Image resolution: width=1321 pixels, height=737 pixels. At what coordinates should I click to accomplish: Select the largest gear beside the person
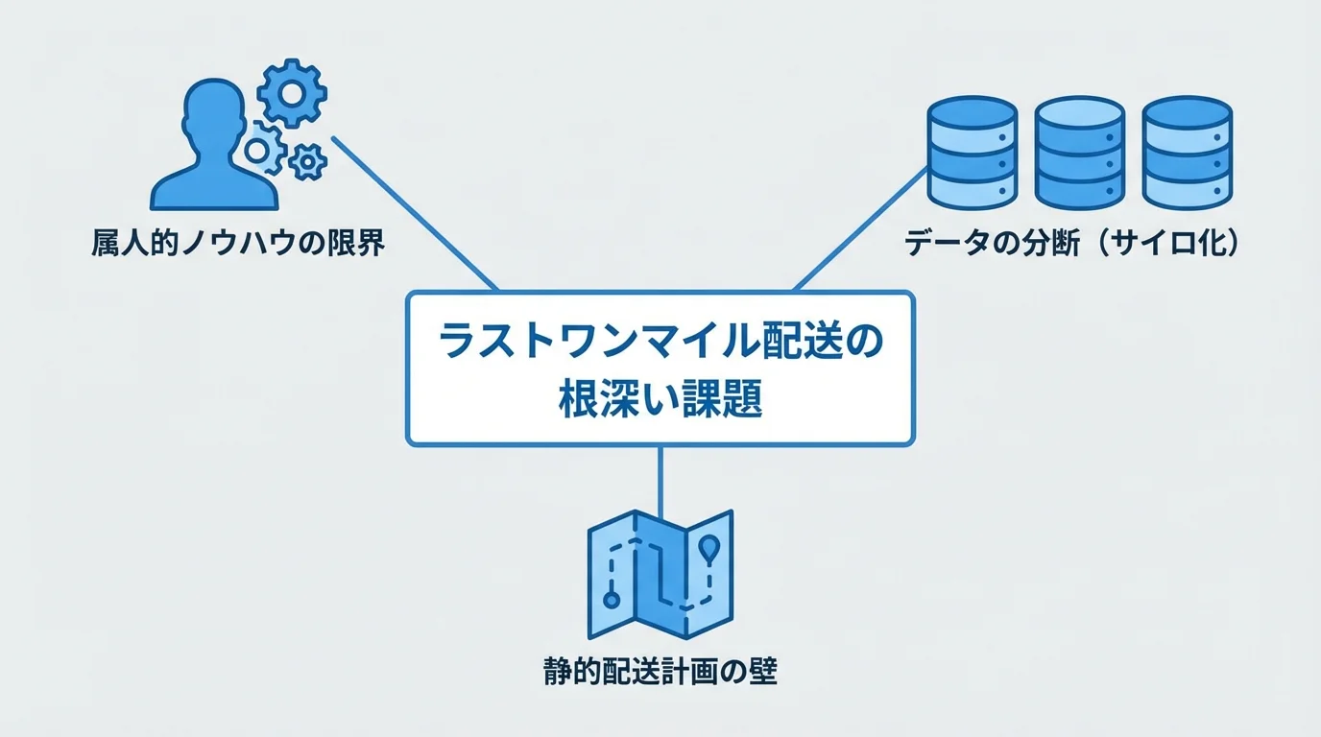[x=292, y=93]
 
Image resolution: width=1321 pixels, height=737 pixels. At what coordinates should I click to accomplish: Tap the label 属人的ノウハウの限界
[x=238, y=244]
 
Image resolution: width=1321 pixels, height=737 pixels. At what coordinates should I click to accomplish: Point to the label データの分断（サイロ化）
[x=1072, y=244]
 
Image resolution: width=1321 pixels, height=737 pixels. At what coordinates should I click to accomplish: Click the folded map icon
[x=660, y=573]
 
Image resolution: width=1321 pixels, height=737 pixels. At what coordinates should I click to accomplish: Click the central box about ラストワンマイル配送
[x=660, y=369]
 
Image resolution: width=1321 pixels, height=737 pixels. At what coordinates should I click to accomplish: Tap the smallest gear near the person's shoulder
[x=307, y=162]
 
